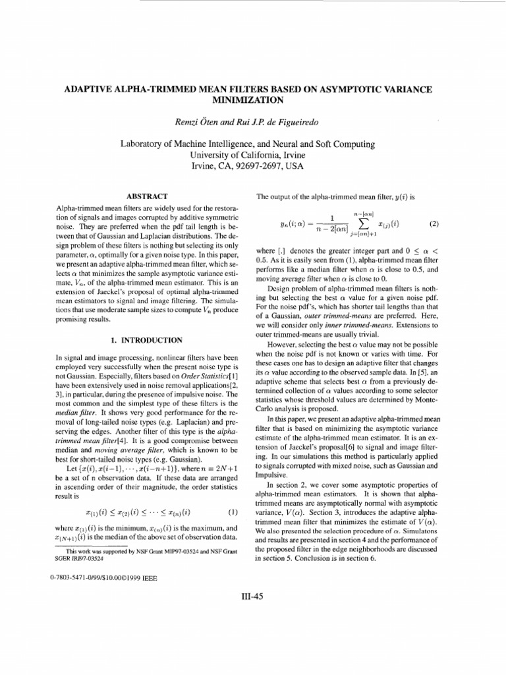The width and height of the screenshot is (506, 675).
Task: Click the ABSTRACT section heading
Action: coord(147,196)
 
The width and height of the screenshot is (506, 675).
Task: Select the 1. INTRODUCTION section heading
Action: coord(147,339)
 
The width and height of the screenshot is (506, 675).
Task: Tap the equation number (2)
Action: coord(433,223)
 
